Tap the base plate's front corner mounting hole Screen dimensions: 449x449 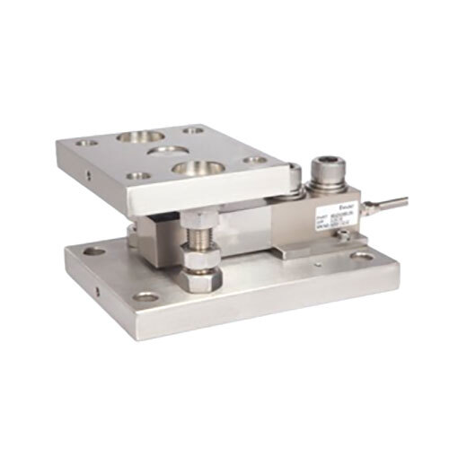144,295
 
